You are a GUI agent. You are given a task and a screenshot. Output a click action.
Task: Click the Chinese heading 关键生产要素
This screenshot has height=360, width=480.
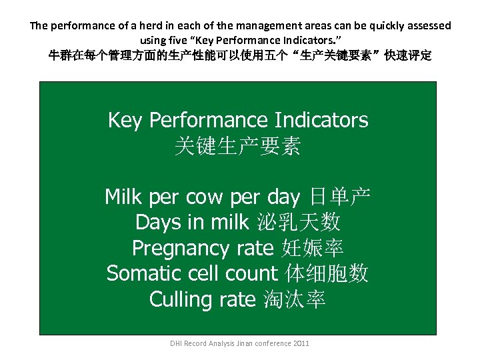pyautogui.click(x=237, y=146)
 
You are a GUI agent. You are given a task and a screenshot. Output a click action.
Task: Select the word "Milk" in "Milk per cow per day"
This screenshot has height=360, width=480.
pyautogui.click(x=125, y=197)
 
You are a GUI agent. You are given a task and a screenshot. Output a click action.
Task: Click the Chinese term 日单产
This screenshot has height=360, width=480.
pyautogui.click(x=341, y=197)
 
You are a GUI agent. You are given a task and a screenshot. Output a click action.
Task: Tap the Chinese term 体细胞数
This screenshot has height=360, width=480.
pyautogui.click(x=327, y=273)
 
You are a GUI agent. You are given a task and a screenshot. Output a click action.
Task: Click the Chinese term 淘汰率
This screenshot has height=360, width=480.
pyautogui.click(x=294, y=299)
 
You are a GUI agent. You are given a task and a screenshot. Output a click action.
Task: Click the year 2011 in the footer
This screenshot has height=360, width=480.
pyautogui.click(x=301, y=343)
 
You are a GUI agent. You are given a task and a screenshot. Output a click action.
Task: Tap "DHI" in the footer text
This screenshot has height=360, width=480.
pyautogui.click(x=176, y=343)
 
